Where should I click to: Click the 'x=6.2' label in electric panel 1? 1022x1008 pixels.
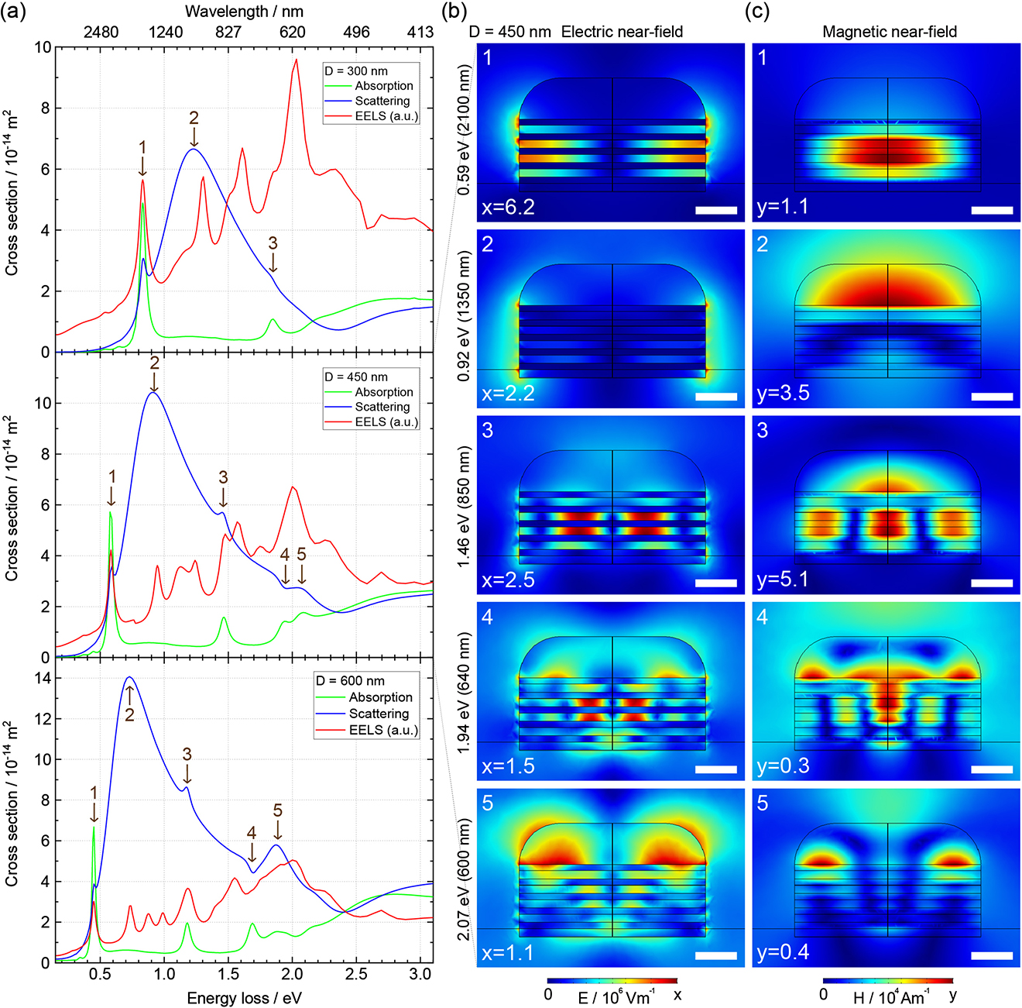click(x=508, y=207)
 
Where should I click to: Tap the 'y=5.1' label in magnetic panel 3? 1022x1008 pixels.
click(x=782, y=580)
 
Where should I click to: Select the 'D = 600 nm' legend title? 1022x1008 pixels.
click(x=350, y=681)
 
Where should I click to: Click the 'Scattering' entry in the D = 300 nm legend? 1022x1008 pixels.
click(x=382, y=101)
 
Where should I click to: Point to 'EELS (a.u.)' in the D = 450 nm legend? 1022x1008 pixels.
click(x=386, y=422)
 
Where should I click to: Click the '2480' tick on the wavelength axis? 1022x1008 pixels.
click(x=101, y=32)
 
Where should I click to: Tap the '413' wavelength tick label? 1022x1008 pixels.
click(x=420, y=32)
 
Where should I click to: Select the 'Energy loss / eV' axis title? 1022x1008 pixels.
click(x=244, y=998)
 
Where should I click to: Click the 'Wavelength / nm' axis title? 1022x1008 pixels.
click(x=244, y=11)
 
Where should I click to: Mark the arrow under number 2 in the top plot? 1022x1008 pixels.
click(x=194, y=137)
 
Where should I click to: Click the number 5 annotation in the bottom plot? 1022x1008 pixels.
click(x=278, y=810)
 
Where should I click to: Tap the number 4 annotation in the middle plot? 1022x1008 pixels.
click(x=285, y=555)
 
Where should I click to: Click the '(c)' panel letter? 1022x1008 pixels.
click(x=756, y=12)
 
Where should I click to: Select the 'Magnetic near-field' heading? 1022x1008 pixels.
click(x=890, y=32)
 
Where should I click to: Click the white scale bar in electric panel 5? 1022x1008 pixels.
click(x=716, y=955)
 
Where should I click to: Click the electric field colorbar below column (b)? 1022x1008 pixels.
click(x=612, y=981)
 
